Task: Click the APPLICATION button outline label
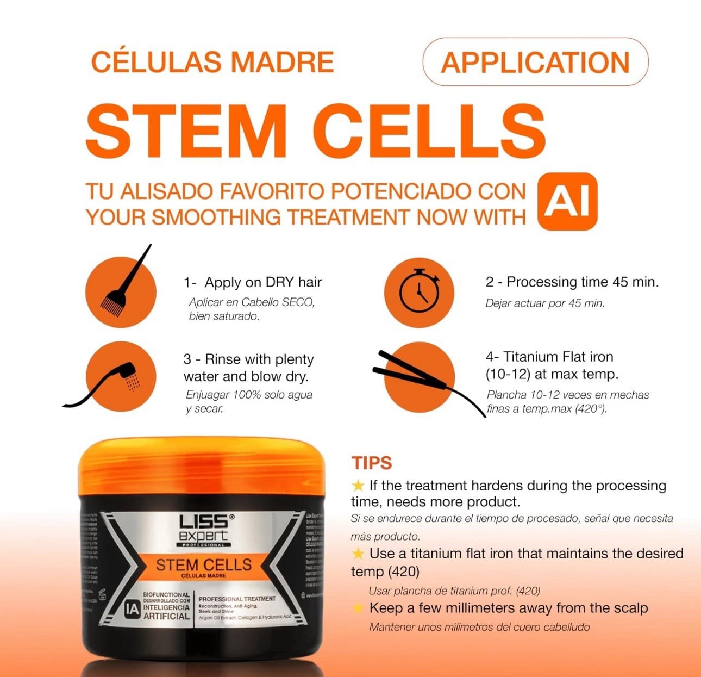point(535,62)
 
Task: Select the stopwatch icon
point(419,292)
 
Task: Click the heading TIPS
point(372,463)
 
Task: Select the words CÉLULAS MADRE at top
point(212,62)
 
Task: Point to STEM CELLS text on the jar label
point(203,564)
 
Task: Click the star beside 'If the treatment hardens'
point(358,485)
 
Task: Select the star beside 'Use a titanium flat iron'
point(358,554)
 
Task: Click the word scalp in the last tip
point(629,608)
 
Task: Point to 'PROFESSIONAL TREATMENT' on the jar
point(237,599)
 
